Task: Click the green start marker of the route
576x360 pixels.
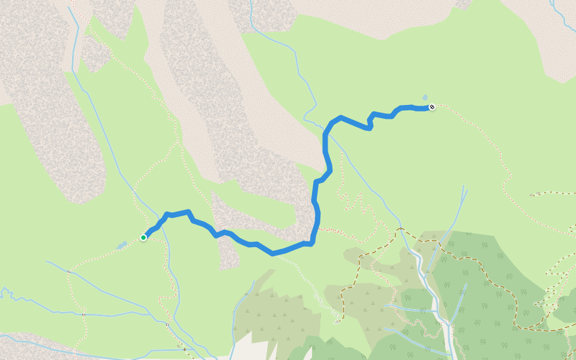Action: (x=143, y=238)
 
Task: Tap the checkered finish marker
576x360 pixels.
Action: (x=431, y=107)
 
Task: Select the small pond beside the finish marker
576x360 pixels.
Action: (x=425, y=97)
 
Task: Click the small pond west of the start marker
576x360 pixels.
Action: (x=121, y=245)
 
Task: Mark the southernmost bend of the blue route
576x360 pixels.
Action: (x=274, y=254)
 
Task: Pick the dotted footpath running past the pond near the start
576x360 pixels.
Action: (x=96, y=257)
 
